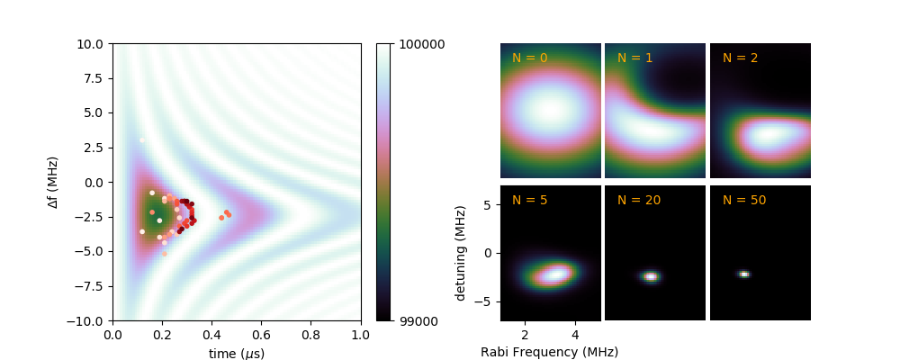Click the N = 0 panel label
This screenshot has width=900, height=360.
[529, 58]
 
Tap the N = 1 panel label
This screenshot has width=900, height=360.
[634, 58]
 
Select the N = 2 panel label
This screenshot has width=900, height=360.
[740, 58]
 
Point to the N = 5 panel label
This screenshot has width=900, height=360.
[529, 200]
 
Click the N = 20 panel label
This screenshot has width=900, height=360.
[638, 200]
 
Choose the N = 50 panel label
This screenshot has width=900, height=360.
[744, 200]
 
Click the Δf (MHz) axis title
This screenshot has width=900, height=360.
[52, 182]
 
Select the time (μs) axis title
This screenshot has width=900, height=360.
[236, 354]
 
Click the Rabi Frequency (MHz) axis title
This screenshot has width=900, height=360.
[549, 352]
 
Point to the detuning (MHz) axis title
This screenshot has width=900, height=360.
[461, 253]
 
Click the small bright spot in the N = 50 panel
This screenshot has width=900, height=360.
[743, 274]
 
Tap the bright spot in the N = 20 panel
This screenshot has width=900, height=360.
[651, 276]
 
